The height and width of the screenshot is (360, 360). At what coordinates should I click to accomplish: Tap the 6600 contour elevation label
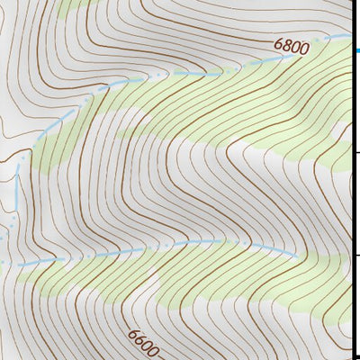[x=143, y=343]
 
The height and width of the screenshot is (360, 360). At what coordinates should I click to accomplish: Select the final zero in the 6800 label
[x=304, y=49]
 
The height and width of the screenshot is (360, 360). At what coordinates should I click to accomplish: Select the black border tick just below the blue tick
[x=356, y=153]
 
